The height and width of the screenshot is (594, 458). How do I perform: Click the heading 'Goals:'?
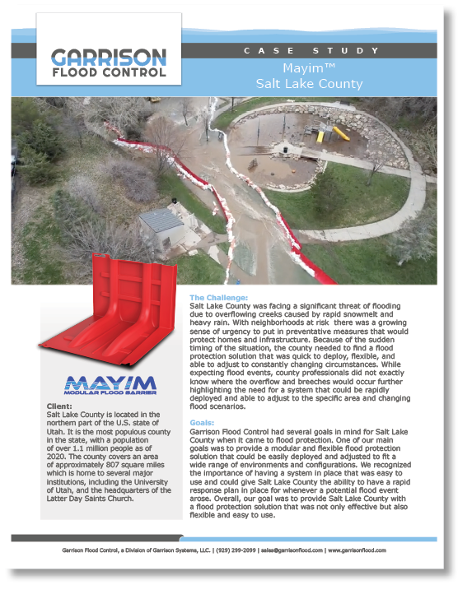pos(202,422)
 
